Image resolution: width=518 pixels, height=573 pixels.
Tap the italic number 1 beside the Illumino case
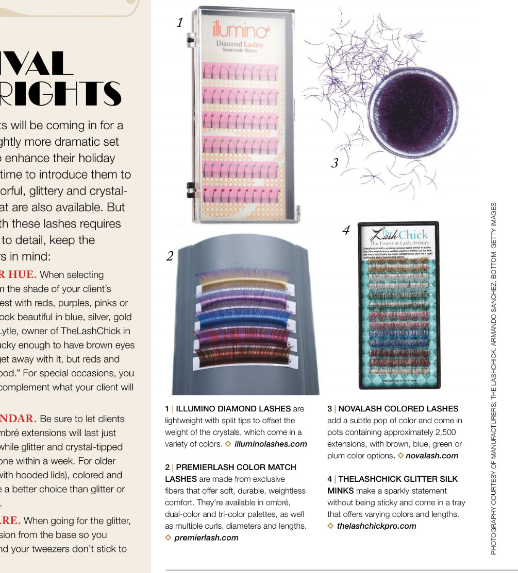tap(180, 23)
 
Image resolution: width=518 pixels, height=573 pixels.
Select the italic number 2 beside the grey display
tap(170, 256)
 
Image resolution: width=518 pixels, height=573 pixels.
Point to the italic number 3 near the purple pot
tap(335, 163)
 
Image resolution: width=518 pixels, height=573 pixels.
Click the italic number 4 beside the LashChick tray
tap(346, 231)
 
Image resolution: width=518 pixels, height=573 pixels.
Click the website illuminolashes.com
tap(270, 444)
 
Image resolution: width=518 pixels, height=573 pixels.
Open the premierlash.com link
tap(206, 537)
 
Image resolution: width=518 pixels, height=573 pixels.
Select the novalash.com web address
tap(431, 455)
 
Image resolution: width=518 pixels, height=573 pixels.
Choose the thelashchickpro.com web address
tap(376, 526)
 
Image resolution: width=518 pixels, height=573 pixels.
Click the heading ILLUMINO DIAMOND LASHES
tap(233, 409)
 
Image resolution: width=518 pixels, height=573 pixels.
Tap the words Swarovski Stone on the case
tap(239, 50)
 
